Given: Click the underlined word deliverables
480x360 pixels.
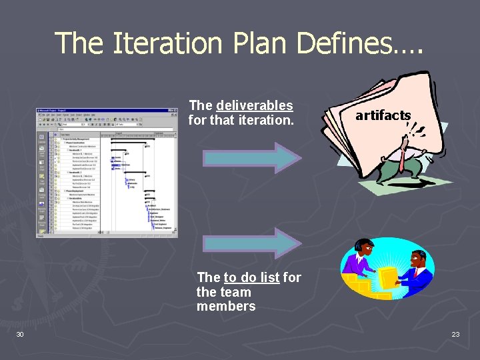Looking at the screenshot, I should click(x=254, y=106).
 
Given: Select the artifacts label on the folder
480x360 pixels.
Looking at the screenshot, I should click(x=383, y=115).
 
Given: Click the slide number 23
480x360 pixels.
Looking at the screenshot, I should click(x=455, y=334).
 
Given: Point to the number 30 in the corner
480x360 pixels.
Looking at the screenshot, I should click(x=20, y=334).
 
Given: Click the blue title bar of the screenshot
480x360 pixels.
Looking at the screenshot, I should click(x=100, y=111).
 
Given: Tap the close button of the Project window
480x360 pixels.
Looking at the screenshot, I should click(x=175, y=111).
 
